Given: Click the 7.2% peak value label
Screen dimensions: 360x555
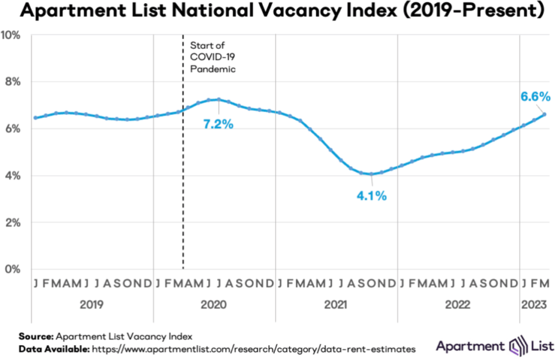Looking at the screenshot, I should (x=218, y=124).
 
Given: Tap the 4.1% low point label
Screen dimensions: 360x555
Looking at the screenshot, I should (x=371, y=196).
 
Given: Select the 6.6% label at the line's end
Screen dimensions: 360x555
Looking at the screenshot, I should (x=535, y=97).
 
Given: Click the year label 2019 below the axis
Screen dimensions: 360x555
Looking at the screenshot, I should (x=92, y=305).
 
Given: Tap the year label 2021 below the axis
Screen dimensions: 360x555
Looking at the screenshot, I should (x=337, y=305).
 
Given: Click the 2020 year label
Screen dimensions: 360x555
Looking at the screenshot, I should (x=215, y=305).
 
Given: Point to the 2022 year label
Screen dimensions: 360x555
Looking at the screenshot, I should (x=459, y=305).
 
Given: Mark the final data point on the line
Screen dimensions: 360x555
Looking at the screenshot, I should (x=545, y=114).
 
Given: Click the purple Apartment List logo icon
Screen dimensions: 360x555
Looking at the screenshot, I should (x=512, y=345).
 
